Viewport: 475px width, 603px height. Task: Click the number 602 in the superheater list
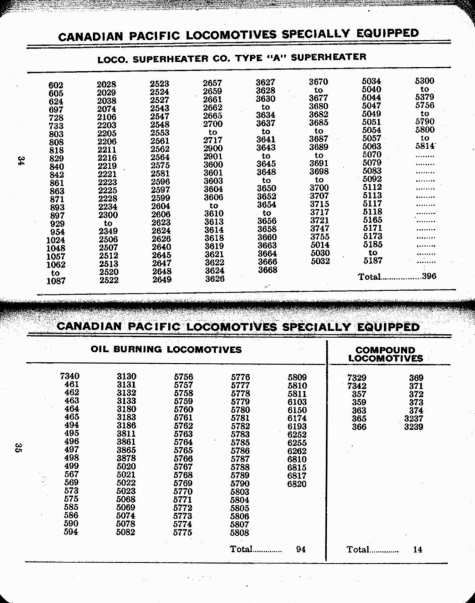pos(56,85)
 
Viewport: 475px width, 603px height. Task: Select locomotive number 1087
pos(56,281)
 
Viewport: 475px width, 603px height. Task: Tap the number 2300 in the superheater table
pos(107,214)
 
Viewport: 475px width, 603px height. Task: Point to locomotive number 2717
pos(213,140)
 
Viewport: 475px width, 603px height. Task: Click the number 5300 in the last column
pos(425,81)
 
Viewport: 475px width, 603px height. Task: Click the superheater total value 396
pos(429,276)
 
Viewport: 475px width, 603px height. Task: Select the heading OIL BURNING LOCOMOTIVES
pos(166,349)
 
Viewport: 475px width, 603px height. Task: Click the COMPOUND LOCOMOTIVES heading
pos(385,354)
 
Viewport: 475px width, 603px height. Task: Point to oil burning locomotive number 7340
pos(70,375)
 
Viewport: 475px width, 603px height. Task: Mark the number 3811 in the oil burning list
pos(126,433)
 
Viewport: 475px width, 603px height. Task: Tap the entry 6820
pos(297,484)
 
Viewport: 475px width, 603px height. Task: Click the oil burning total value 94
pos(300,550)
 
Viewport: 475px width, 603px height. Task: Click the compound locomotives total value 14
pos(417,550)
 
